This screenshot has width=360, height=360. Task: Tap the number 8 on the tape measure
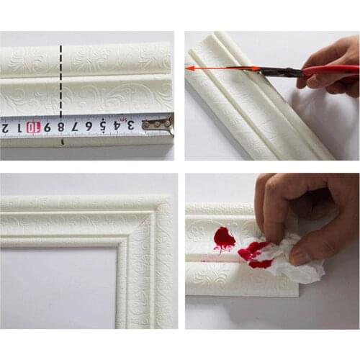tap(61, 127)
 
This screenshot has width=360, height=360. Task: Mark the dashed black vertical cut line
tap(61, 86)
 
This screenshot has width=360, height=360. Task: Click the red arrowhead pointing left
tap(191, 68)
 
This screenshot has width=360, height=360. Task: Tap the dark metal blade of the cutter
tap(277, 71)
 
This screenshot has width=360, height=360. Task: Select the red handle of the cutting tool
tap(331, 71)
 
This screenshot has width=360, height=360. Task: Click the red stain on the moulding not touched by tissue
tap(224, 238)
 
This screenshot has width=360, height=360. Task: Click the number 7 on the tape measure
tap(75, 127)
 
